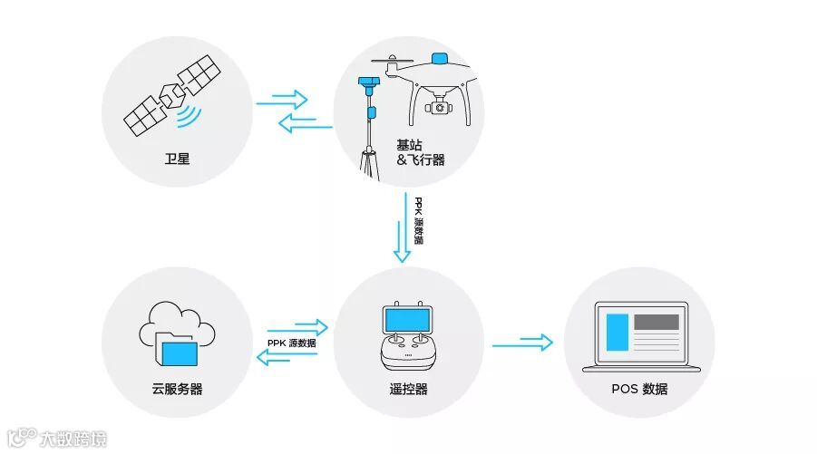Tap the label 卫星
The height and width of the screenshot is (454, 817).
(x=177, y=162)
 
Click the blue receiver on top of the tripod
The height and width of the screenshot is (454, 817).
(x=367, y=83)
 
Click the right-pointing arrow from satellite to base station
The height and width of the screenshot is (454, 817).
(x=283, y=98)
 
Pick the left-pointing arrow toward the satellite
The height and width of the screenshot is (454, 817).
(x=305, y=124)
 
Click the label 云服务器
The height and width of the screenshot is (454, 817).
(x=177, y=389)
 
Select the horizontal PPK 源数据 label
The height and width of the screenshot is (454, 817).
(x=292, y=343)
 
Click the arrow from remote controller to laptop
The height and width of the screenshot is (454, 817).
(x=522, y=343)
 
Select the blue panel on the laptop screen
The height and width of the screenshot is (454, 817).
(x=618, y=332)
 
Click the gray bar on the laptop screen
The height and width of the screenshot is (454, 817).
(x=656, y=321)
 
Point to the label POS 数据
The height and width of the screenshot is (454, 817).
(x=639, y=389)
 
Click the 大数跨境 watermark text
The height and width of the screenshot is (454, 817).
(x=73, y=440)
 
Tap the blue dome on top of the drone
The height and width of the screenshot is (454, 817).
(x=442, y=59)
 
